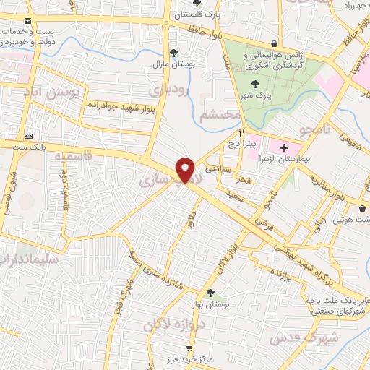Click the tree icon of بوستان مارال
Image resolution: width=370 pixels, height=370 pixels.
pyautogui.click(x=173, y=52)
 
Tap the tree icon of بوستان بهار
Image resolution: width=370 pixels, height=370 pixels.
pyautogui.click(x=210, y=293)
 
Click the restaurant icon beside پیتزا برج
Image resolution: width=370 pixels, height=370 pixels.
pyautogui.click(x=242, y=132)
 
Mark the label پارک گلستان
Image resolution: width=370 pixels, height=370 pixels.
pyautogui.click(x=201, y=14)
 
